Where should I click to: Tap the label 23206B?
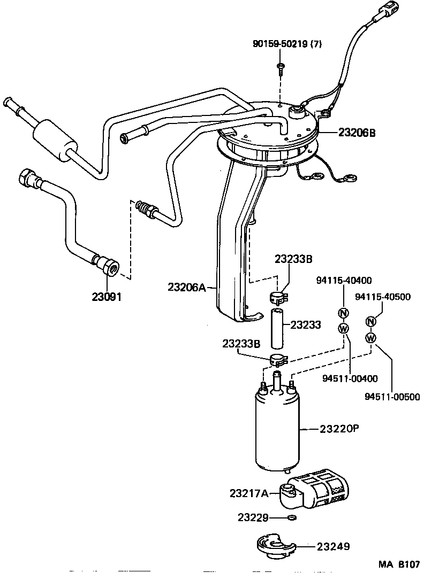(x=357, y=132)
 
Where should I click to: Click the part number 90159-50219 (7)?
(x=287, y=44)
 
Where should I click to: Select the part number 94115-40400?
(x=344, y=280)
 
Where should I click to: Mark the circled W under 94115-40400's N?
(x=343, y=327)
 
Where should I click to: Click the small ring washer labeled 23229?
(x=291, y=517)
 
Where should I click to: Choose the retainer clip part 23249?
(x=277, y=546)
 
